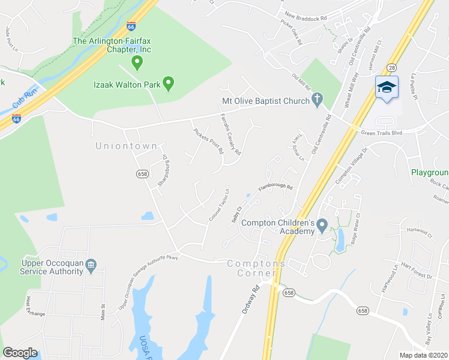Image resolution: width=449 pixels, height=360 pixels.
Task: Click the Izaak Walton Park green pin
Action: [x=169, y=85]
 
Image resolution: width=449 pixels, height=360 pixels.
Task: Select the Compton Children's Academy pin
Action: [x=322, y=227]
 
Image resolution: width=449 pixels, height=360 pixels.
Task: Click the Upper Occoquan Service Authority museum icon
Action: [x=91, y=265]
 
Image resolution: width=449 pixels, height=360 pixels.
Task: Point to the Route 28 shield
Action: [x=391, y=68]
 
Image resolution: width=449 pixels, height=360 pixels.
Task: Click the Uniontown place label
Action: [x=126, y=146]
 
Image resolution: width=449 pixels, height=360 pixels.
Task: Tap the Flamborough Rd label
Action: [x=275, y=188]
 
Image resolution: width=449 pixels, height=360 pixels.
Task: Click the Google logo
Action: [x=20, y=353]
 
